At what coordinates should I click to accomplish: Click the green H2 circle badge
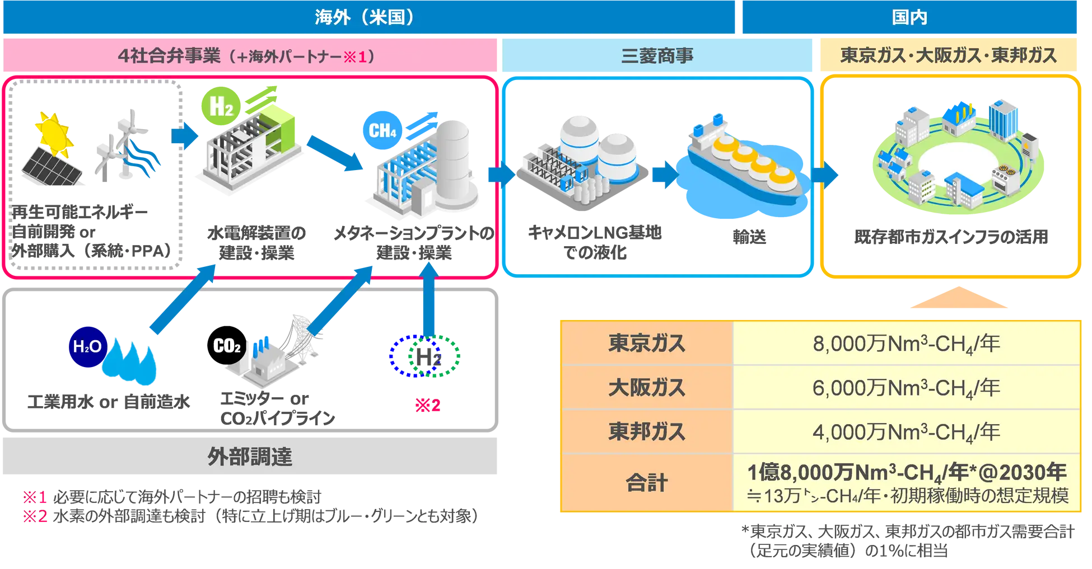220,106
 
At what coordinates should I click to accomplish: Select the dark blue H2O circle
87,346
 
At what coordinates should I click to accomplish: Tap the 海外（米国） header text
364,17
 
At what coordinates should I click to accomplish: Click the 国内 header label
909,17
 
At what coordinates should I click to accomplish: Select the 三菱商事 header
657,55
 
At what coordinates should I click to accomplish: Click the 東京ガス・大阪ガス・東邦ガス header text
948,55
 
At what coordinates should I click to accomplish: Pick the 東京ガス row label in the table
646,343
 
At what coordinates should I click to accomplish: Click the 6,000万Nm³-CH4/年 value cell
906,388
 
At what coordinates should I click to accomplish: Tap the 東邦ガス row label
646,432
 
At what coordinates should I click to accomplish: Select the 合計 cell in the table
646,483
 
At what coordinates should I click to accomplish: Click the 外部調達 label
250,457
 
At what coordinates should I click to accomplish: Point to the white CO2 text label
227,346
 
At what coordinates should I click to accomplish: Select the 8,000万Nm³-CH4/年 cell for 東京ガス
906,344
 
